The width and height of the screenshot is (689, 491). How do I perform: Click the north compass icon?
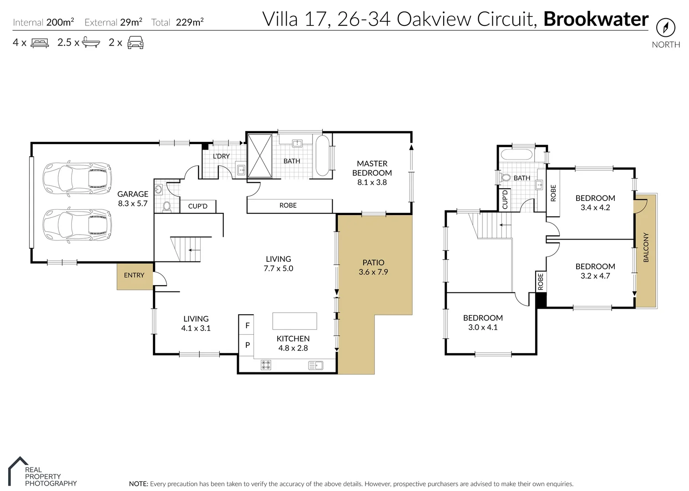pyautogui.click(x=665, y=28)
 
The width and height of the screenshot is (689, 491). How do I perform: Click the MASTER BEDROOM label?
pyautogui.click(x=372, y=168)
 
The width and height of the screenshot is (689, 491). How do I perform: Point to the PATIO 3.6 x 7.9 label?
pyautogui.click(x=373, y=267)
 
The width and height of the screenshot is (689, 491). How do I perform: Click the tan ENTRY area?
pyautogui.click(x=134, y=276)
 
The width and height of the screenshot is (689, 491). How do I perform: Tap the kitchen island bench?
pyautogui.click(x=294, y=321)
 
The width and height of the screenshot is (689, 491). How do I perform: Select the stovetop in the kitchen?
pyautogui.click(x=266, y=365)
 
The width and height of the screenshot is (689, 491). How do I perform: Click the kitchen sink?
pyautogui.click(x=315, y=365)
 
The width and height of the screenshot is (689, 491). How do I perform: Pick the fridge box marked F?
pyautogui.click(x=247, y=326)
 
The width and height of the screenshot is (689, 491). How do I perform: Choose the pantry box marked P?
pyautogui.click(x=247, y=345)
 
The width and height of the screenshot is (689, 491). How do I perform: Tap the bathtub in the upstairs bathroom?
pyautogui.click(x=517, y=155)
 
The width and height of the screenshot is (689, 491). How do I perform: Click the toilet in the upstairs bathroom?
pyautogui.click(x=505, y=178)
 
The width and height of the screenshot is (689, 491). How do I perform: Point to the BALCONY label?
pyautogui.click(x=646, y=247)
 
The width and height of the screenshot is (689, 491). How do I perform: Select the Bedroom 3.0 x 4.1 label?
pyautogui.click(x=483, y=322)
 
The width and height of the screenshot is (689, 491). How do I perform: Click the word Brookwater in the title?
pyautogui.click(x=596, y=19)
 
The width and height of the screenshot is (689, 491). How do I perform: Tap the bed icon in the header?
pyautogui.click(x=40, y=43)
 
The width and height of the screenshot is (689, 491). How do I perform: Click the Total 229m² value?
pyautogui.click(x=189, y=22)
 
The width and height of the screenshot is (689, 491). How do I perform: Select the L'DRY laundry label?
pyautogui.click(x=221, y=156)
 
